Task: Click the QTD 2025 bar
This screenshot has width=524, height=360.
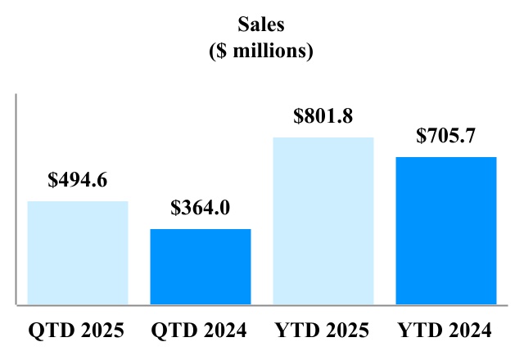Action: tap(78, 253)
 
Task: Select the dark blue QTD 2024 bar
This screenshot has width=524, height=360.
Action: tap(201, 267)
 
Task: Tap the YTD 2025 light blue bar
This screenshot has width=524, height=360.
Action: tap(323, 221)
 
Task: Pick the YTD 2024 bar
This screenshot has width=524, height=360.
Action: tap(446, 231)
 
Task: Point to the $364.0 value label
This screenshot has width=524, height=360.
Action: tap(201, 208)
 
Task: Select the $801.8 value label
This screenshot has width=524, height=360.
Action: tap(323, 116)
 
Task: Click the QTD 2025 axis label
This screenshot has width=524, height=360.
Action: tap(77, 331)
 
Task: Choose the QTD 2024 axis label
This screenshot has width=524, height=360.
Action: tap(200, 331)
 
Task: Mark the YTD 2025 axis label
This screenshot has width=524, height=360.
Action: tap(323, 331)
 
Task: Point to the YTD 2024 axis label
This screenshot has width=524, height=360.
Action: tap(445, 331)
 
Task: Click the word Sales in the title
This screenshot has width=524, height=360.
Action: tap(262, 26)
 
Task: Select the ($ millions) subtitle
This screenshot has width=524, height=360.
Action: tap(262, 51)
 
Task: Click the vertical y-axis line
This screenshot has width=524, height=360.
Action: tap(16, 200)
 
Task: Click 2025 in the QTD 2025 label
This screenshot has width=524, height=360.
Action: tap(102, 331)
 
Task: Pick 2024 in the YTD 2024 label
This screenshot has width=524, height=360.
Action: tap(471, 331)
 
